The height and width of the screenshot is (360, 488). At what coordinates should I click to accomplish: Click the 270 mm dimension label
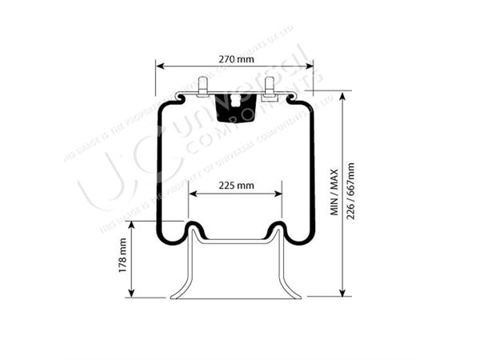(234, 58)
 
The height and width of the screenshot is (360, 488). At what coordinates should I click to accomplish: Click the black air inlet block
(235, 105)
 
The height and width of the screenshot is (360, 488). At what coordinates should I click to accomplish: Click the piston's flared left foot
(178, 292)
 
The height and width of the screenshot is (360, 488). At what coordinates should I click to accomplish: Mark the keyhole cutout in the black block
(235, 101)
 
